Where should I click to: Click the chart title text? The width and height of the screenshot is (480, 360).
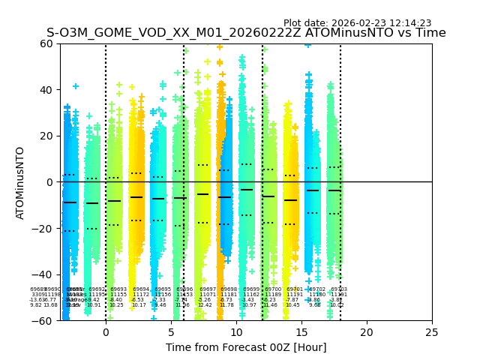click(246, 33)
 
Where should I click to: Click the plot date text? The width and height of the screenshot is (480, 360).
click(357, 23)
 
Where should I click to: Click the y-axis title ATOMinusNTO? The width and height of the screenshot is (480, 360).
click(21, 182)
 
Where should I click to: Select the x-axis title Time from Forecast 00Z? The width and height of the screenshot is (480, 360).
click(246, 347)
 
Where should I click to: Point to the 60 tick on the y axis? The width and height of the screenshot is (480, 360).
click(46, 43)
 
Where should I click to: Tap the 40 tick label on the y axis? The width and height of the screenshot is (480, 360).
click(46, 90)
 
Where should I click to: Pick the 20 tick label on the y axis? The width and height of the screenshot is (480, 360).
click(46, 136)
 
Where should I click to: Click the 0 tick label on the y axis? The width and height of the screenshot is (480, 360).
click(49, 182)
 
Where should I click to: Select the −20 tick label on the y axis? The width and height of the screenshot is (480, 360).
click(43, 228)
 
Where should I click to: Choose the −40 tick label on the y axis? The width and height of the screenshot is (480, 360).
click(43, 274)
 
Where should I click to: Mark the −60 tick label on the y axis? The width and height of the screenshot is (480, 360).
click(43, 320)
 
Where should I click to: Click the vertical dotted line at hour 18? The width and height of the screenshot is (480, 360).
click(340, 150)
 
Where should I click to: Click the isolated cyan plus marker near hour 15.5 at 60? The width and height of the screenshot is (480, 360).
click(307, 44)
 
